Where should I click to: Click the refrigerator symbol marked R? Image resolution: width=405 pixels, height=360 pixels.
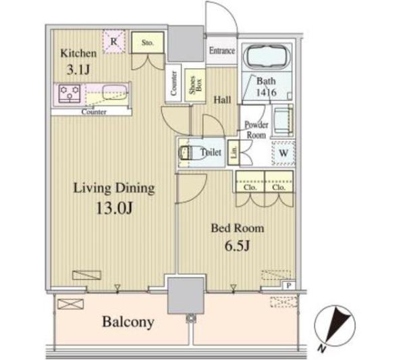tap(114, 42)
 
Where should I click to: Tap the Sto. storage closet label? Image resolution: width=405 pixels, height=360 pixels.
tap(147, 43)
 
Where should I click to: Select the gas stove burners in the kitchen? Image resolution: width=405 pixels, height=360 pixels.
tap(70, 93)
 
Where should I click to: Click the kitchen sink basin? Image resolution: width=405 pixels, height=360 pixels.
tap(115, 93)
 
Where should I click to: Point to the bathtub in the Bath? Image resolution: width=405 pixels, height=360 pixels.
tap(267, 57)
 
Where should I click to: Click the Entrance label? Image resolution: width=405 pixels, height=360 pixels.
tap(222, 51)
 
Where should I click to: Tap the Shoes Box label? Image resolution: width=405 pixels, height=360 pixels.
tap(195, 85)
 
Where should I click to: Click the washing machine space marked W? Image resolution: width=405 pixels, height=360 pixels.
tap(283, 153)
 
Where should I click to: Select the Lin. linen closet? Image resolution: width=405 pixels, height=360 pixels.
tap(234, 153)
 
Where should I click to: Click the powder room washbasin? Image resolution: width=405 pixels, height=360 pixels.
tap(283, 120)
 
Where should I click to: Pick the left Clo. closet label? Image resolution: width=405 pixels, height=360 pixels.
tap(250, 187)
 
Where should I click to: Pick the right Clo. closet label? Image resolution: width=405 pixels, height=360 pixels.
tap(279, 187)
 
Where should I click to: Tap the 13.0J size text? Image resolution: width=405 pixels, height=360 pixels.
tap(115, 208)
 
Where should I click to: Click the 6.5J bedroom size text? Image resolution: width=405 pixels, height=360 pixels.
tap(237, 246)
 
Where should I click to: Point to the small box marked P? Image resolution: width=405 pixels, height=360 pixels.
tap(288, 286)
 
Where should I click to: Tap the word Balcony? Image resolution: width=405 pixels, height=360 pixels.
tap(128, 322)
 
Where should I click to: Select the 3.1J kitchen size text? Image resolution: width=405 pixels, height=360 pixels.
tap(78, 70)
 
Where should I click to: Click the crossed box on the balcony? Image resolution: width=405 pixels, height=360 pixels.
tap(70, 304)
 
